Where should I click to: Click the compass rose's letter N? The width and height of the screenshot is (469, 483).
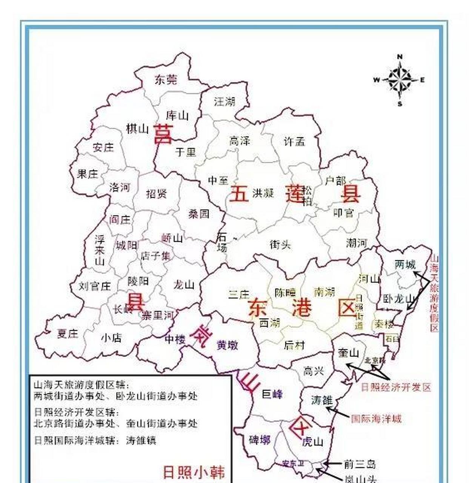point(400,57)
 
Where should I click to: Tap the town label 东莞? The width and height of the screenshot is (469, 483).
point(166,80)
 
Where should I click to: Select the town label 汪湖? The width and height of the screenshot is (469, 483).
point(225,101)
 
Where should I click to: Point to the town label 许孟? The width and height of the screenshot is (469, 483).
point(294,142)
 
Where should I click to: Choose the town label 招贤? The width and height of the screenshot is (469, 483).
point(156,194)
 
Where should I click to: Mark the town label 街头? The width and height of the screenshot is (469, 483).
point(280,245)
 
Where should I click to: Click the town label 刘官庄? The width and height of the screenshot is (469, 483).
point(95,286)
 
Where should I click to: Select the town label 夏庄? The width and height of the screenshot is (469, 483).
point(68,333)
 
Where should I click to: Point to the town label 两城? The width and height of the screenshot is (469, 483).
point(405,265)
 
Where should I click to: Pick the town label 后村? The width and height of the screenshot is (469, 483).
point(294,345)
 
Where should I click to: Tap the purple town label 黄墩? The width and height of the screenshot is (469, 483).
point(228,345)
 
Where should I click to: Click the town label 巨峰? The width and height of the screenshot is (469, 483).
point(272,394)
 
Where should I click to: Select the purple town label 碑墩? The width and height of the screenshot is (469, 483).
point(260,440)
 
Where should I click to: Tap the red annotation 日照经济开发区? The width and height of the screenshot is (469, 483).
point(396,387)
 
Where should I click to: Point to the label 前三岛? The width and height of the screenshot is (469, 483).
point(360,464)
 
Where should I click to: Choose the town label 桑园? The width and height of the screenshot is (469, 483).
point(199,214)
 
